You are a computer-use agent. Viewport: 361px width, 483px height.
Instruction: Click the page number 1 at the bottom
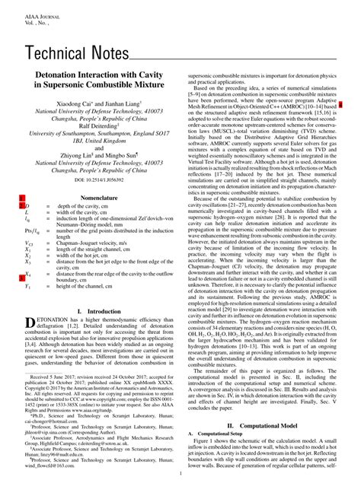(180, 473)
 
